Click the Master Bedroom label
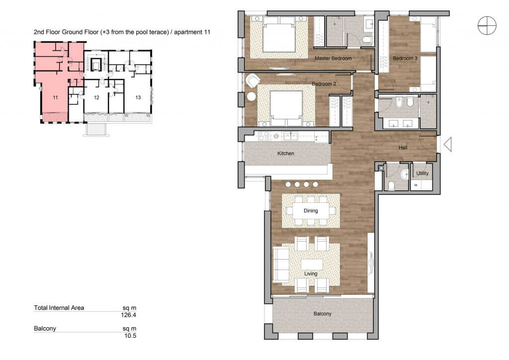[333, 59]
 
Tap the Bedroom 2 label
[324, 84]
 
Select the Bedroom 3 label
[405, 59]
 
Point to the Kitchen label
[286, 153]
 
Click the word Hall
[403, 148]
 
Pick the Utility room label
[423, 174]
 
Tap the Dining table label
[311, 211]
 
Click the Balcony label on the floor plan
[322, 314]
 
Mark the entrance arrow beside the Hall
[448, 145]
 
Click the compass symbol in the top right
[487, 25]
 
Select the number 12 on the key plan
[96, 97]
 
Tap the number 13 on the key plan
[138, 97]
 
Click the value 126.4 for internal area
[129, 315]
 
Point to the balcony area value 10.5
[130, 336]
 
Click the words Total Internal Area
[59, 308]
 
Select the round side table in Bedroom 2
[252, 96]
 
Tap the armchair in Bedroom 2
[253, 81]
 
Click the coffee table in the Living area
[312, 264]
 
